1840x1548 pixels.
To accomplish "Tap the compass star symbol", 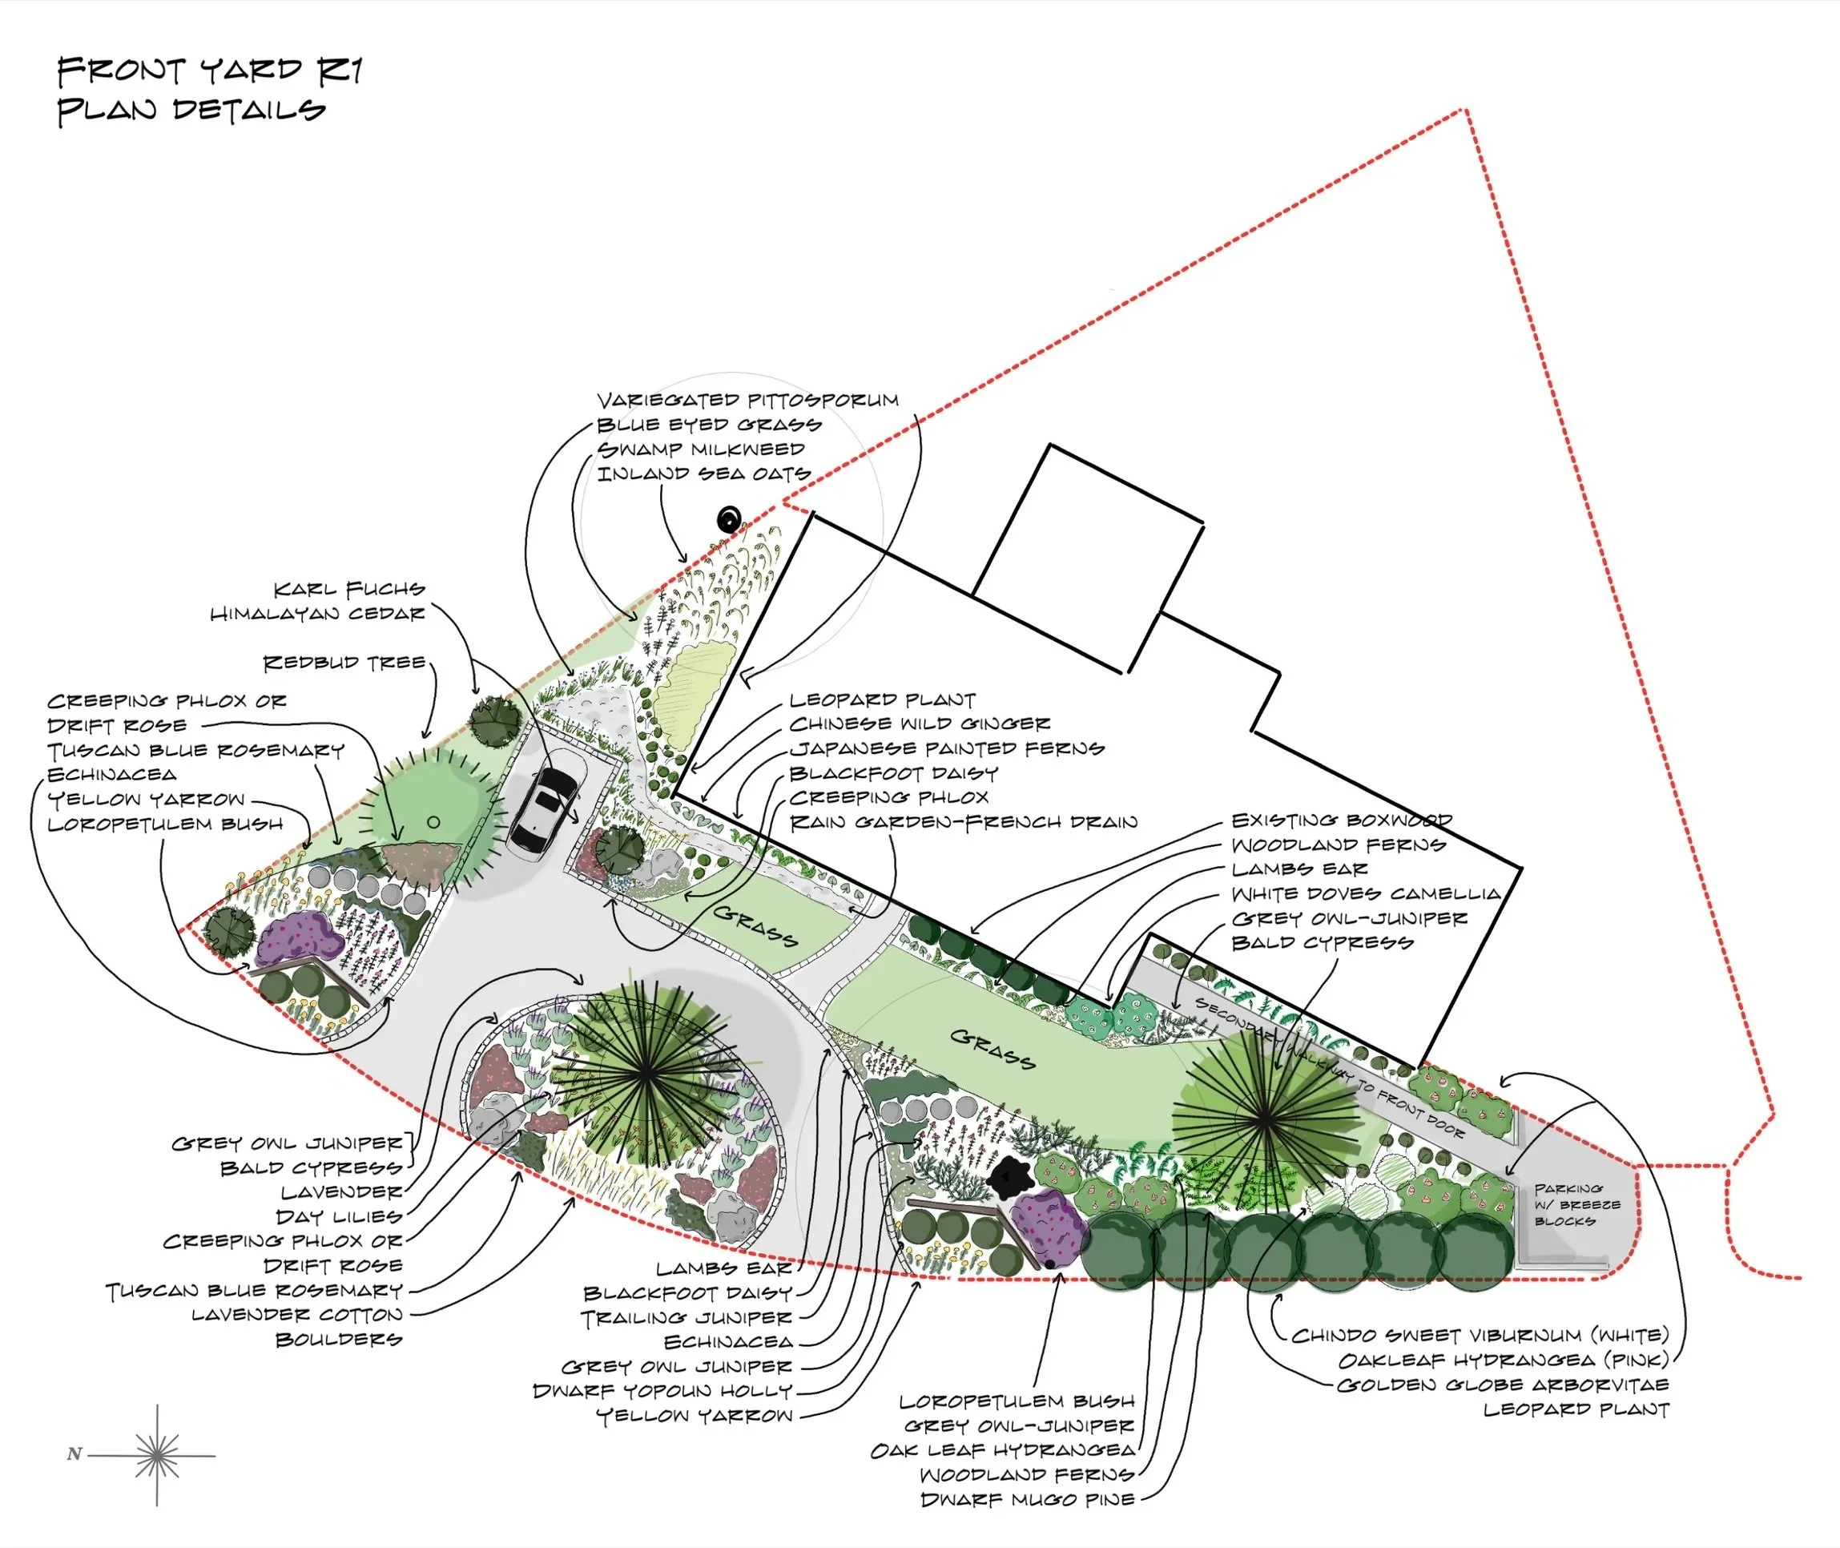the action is (157, 1456).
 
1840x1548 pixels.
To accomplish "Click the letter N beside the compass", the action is (74, 1454).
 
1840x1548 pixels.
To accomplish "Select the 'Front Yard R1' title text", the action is (209, 71).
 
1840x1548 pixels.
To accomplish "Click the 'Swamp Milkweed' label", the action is (700, 449).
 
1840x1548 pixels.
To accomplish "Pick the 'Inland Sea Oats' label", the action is (703, 474).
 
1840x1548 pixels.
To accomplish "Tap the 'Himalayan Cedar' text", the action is (318, 614).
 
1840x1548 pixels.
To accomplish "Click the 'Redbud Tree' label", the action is (344, 663).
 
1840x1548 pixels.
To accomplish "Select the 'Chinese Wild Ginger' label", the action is (919, 724).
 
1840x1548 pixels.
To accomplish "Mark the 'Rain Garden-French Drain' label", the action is (963, 822).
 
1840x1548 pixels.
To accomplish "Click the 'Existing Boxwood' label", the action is (1342, 820).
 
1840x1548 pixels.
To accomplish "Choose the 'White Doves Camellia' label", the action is (1365, 894).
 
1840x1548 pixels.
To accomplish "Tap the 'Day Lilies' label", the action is (339, 1217).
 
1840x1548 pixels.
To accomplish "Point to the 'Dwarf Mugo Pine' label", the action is (1027, 1500).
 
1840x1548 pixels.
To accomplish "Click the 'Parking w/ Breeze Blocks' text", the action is (1576, 1205).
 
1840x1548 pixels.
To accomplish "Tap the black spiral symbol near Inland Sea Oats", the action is (729, 520).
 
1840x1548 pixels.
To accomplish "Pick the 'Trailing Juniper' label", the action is (686, 1318).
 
